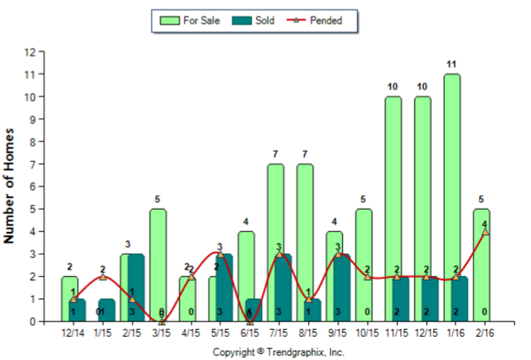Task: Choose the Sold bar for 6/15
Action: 254,309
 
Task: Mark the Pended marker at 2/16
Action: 485,231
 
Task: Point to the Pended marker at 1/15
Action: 103,276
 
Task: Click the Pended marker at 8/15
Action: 308,298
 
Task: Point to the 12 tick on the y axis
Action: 30,52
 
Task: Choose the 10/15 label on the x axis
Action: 368,333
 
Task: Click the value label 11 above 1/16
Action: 452,65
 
